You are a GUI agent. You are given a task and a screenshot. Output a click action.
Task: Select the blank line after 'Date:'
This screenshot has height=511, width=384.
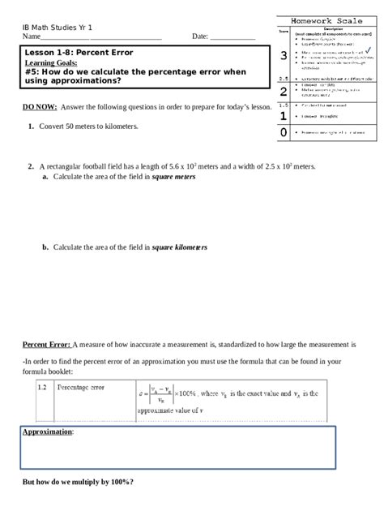(x=233, y=37)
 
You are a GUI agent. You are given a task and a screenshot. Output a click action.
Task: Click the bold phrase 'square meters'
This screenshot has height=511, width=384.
(x=173, y=177)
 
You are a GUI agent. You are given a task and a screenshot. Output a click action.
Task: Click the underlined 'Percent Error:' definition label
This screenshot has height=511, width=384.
(x=47, y=344)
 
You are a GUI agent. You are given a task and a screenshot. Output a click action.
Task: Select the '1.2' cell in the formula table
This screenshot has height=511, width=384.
(x=43, y=388)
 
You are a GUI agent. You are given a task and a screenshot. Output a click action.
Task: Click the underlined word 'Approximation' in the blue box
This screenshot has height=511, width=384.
(x=47, y=432)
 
